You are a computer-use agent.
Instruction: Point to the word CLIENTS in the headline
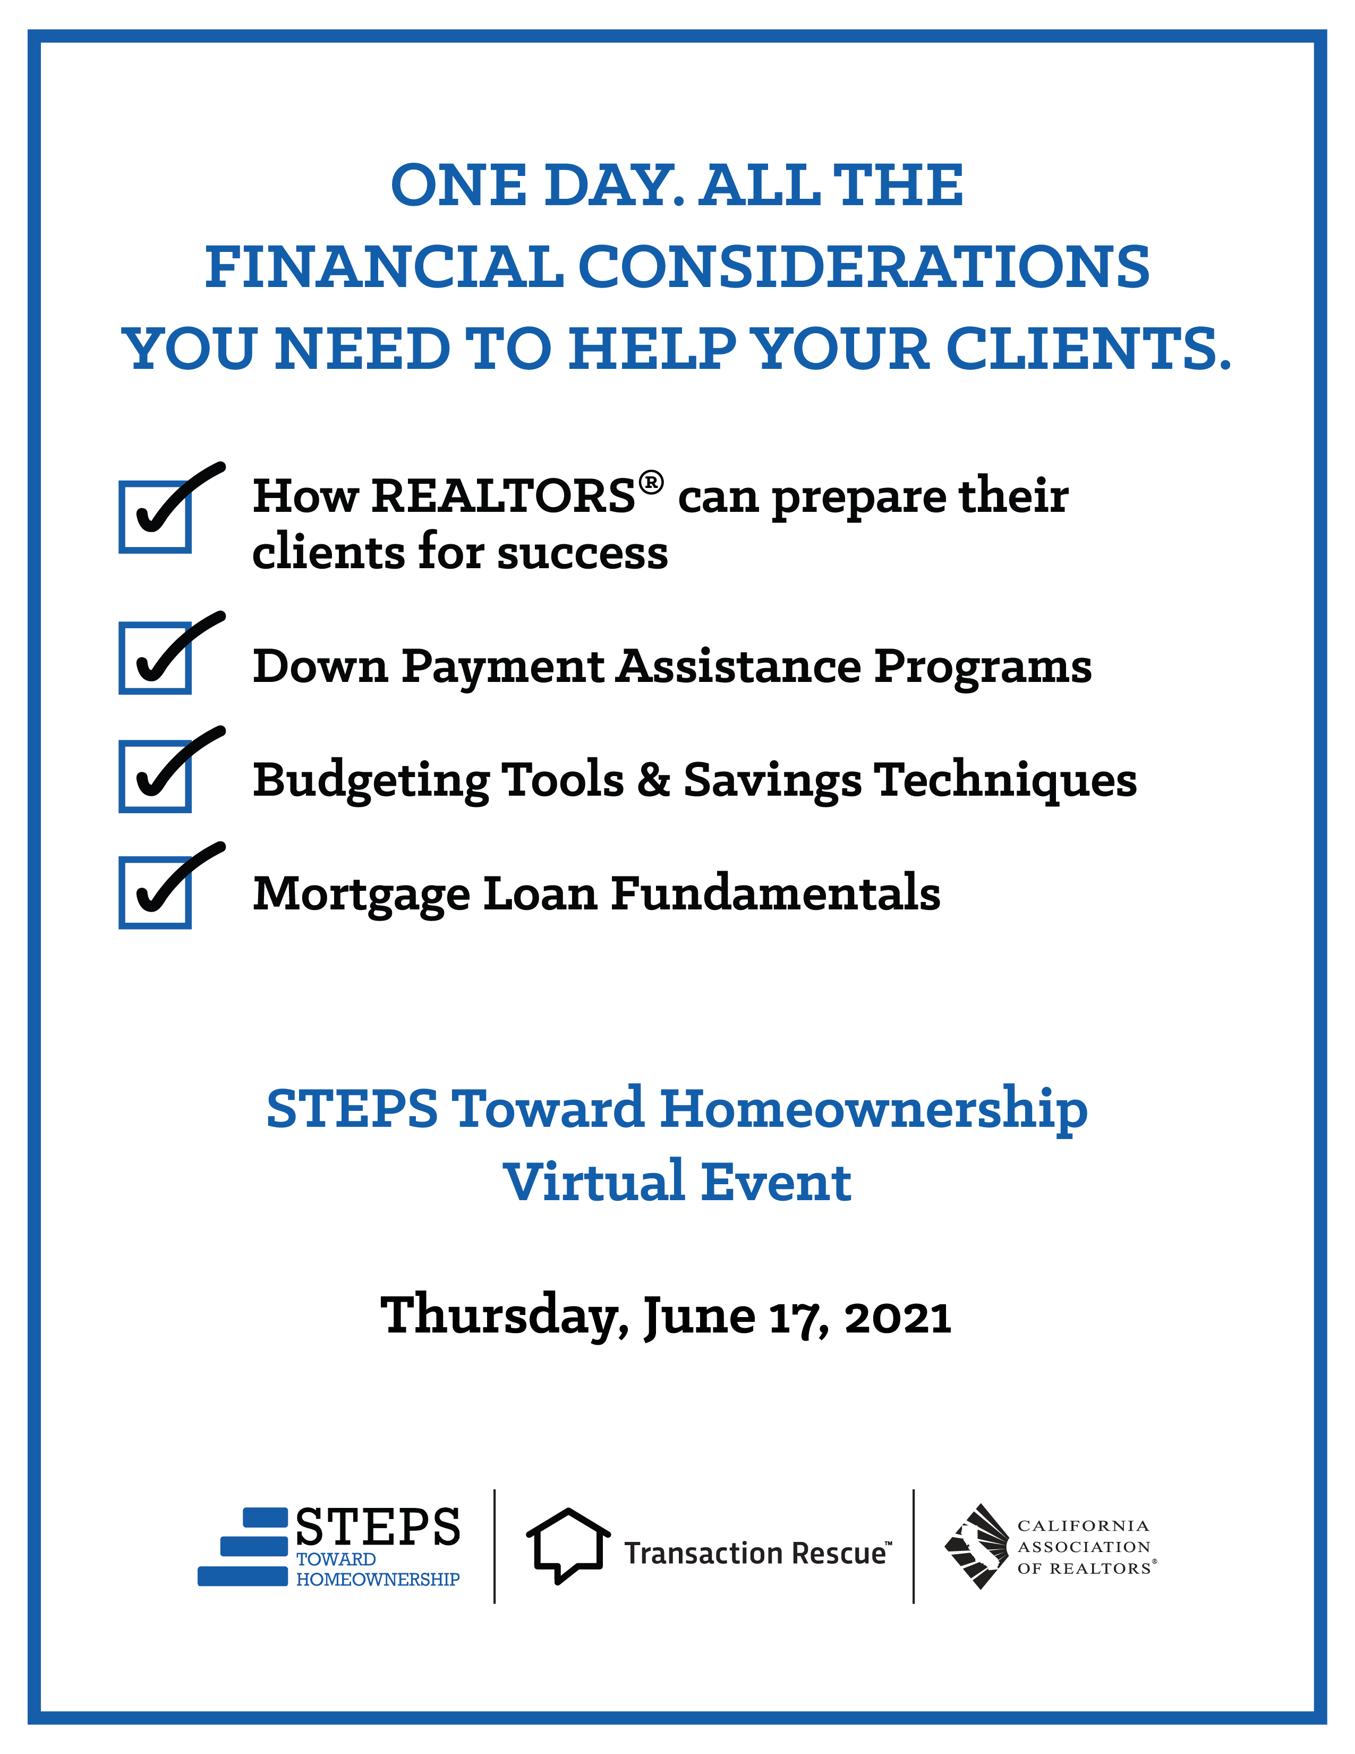(1088, 349)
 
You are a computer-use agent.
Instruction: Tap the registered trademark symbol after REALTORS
(651, 483)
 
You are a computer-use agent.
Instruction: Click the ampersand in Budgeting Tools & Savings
(653, 780)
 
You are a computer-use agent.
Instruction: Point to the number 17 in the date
(796, 1320)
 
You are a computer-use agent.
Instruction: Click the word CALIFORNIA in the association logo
(1083, 1526)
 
